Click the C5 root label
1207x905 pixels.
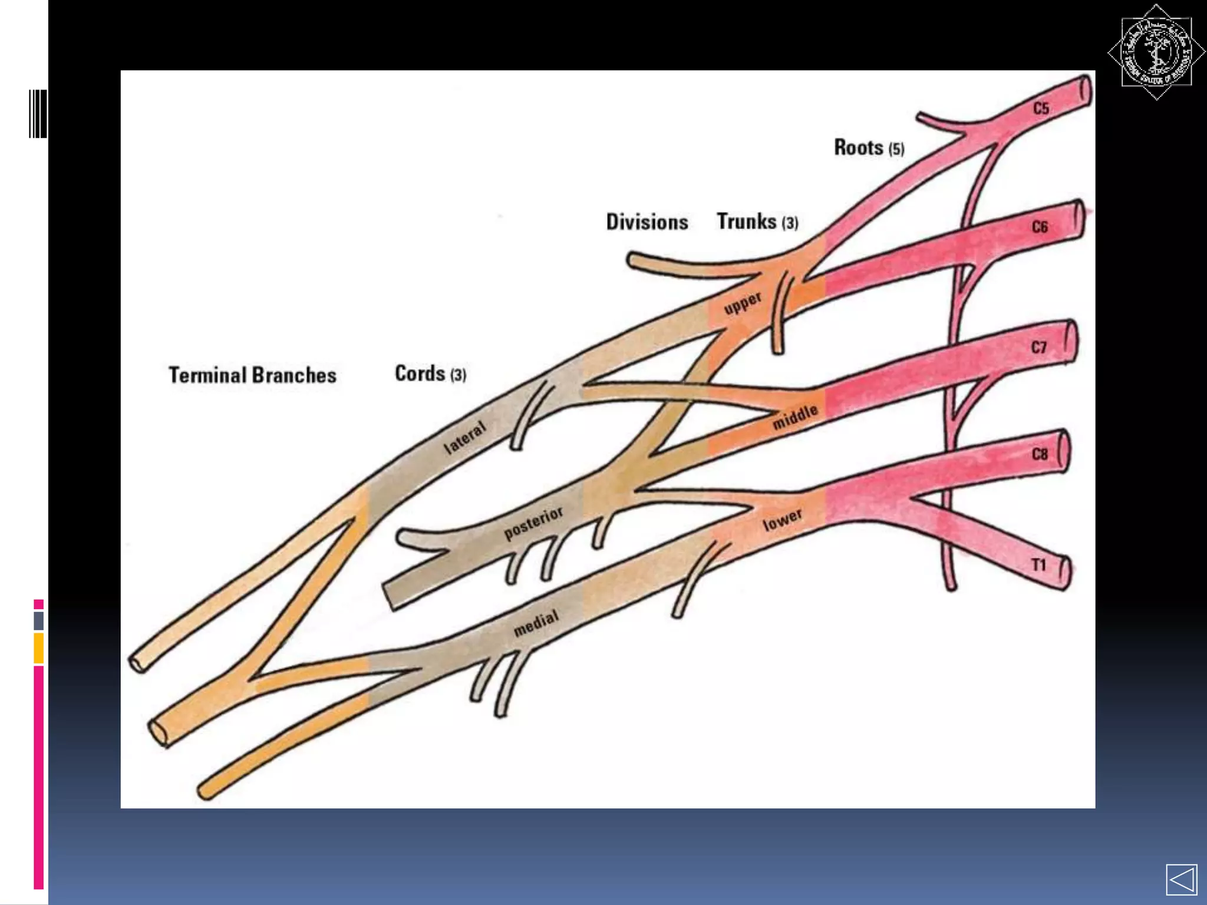tap(1041, 108)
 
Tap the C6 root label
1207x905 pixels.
tap(1040, 227)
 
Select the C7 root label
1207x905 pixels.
tap(1039, 347)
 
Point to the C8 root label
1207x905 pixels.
tap(1040, 454)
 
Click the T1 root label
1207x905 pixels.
tap(1038, 565)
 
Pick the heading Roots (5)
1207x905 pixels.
tap(869, 147)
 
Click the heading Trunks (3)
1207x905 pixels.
tap(757, 222)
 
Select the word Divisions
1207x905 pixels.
tap(647, 222)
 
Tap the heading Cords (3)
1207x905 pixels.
tap(430, 374)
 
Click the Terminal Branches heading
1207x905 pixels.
tap(252, 375)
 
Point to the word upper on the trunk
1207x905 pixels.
tap(743, 303)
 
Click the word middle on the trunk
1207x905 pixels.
tap(795, 417)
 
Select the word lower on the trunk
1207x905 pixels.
tap(782, 520)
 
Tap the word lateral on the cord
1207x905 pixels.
tap(465, 437)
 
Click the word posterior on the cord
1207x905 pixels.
tap(533, 523)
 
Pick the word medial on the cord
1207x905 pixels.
tap(536, 623)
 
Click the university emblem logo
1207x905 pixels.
tap(1156, 52)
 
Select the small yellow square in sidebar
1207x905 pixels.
tap(38, 648)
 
